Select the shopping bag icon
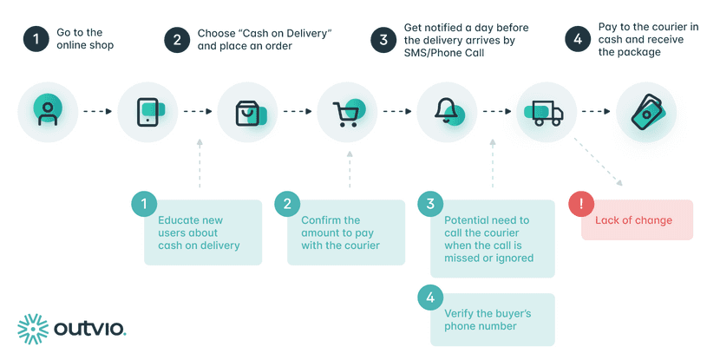[247, 112]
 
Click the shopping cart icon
[347, 112]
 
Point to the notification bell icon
[448, 112]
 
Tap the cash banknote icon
[646, 112]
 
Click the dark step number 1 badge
[36, 39]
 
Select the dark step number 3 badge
[381, 39]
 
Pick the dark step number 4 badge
[577, 39]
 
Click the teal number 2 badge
[287, 204]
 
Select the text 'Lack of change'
[633, 220]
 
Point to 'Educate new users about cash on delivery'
[199, 232]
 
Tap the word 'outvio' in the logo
[89, 329]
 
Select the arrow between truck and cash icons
[595, 112]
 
